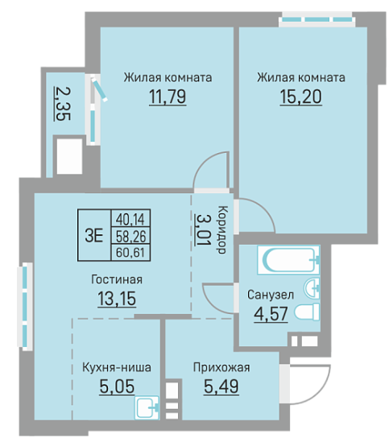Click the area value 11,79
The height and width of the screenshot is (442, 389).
168,97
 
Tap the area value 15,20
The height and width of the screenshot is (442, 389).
300,97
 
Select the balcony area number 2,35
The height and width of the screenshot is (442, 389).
62,104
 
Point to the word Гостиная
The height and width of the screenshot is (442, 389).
117,279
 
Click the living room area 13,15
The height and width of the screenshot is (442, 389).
117,299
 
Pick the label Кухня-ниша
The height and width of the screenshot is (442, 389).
117,367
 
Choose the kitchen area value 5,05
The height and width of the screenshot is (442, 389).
117,386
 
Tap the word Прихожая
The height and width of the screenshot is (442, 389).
221,368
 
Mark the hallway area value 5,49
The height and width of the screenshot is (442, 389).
221,386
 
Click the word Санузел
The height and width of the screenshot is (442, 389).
271,295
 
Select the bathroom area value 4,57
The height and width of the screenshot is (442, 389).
271,314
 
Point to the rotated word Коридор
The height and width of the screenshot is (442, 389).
223,229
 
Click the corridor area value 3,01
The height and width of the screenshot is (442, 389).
202,229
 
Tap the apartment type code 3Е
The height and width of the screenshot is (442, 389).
94,235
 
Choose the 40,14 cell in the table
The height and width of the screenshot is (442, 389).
130,219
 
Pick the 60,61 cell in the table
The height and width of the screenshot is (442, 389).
130,252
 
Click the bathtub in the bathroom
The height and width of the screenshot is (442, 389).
288,260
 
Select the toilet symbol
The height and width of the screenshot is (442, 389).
307,312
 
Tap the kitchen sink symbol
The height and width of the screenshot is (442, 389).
147,407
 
